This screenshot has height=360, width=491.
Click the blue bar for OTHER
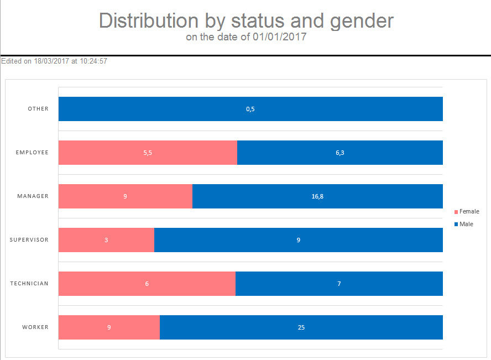pos(166,109)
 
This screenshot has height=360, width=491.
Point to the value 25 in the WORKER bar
pos(301,327)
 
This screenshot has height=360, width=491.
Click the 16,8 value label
pos(317,196)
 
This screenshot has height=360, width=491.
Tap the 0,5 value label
pos(250,109)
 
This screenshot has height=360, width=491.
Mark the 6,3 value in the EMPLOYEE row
pos(340,153)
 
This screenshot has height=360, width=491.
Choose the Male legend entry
pos(466,224)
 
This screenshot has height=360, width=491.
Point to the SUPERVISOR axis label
pos(29,240)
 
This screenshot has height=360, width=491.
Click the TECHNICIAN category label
pos(29,284)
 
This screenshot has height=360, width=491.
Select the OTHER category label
pos(38,109)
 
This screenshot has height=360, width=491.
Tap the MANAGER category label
pos(33,196)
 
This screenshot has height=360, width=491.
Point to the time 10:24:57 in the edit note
pos(93,61)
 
